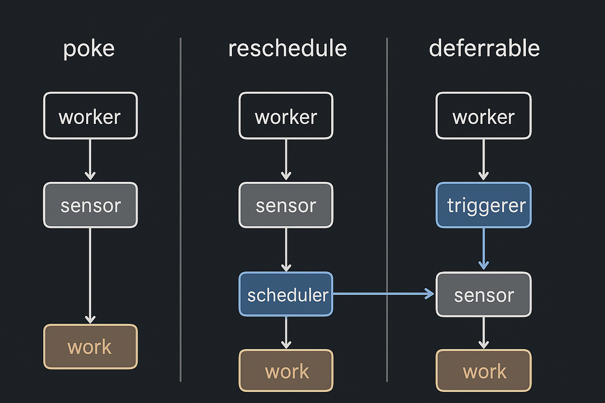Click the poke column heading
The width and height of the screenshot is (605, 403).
click(x=89, y=49)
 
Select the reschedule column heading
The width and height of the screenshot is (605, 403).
click(x=287, y=49)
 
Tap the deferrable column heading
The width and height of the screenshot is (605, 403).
click(x=484, y=49)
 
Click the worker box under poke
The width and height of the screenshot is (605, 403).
click(x=90, y=116)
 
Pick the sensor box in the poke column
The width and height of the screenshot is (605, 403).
click(x=90, y=206)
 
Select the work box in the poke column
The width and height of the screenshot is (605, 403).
click(x=90, y=347)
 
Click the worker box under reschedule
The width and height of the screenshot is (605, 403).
click(x=286, y=116)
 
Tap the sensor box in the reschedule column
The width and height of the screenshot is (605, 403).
click(x=286, y=206)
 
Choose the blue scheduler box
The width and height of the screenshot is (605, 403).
click(x=286, y=295)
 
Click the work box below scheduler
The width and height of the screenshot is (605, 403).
click(x=286, y=371)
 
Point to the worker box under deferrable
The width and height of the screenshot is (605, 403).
click(x=483, y=116)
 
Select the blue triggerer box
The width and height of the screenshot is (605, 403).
click(x=483, y=206)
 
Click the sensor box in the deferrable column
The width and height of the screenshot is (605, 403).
click(x=483, y=295)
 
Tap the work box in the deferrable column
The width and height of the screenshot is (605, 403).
click(x=483, y=371)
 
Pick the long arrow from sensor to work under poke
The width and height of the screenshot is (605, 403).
click(x=90, y=275)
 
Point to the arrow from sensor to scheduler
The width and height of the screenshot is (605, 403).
click(x=286, y=249)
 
